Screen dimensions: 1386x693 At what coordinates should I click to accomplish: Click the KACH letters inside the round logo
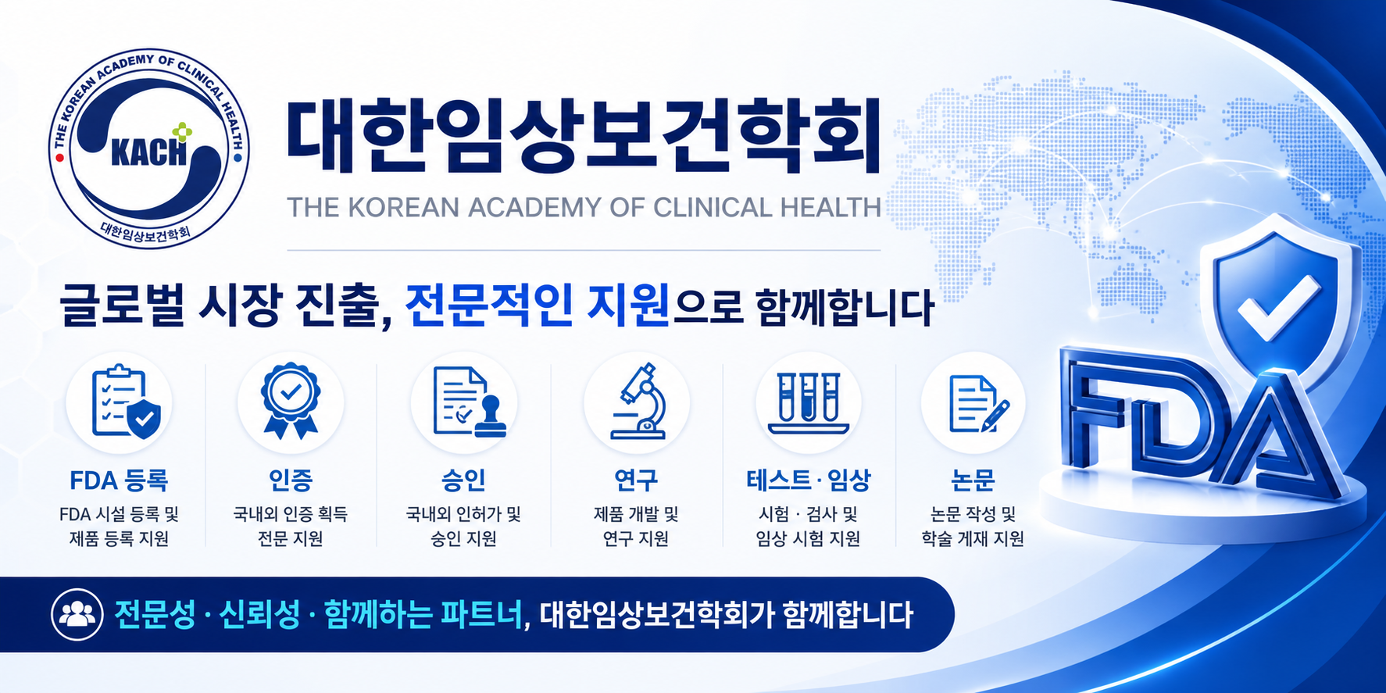[x=149, y=152]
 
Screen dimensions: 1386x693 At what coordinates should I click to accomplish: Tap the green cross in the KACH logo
[x=182, y=132]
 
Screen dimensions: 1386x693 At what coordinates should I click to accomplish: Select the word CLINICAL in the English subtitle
[x=713, y=207]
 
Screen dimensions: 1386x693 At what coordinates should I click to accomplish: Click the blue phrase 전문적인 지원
[x=537, y=305]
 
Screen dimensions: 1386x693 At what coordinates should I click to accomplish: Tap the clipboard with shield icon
[x=126, y=403]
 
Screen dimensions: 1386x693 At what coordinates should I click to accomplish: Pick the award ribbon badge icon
[x=291, y=400]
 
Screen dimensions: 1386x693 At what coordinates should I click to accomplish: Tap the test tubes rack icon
[x=809, y=403]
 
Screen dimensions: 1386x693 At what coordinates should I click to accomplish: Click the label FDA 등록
[x=119, y=480]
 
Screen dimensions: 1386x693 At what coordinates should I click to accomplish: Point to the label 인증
[x=291, y=480]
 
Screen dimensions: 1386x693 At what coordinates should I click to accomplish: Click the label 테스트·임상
[x=809, y=480]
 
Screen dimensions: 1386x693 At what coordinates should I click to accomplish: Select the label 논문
[x=973, y=480]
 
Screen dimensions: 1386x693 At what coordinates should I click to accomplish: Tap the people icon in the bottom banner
[x=77, y=614]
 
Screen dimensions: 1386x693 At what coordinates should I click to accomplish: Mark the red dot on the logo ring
[x=59, y=157]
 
